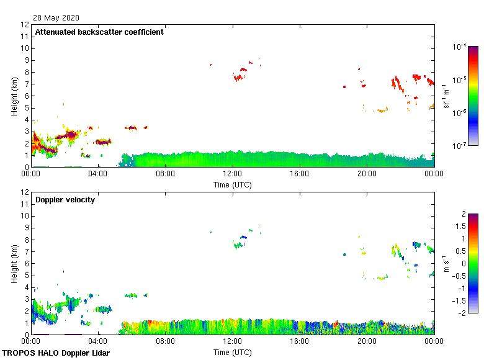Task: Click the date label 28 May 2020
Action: click(x=56, y=18)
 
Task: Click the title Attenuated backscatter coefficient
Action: click(x=99, y=32)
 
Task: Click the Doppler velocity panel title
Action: click(x=65, y=200)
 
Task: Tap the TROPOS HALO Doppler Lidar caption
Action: click(x=56, y=353)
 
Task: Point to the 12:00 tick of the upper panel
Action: click(x=232, y=174)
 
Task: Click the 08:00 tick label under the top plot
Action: click(x=165, y=174)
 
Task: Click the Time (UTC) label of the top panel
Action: click(x=232, y=184)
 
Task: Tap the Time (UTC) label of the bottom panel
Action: click(x=232, y=352)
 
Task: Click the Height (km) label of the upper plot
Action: click(x=14, y=96)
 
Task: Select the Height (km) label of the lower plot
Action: click(x=14, y=263)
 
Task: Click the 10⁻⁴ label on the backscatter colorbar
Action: click(x=460, y=47)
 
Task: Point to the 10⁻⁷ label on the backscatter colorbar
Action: click(x=460, y=146)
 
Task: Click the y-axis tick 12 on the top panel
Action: click(x=25, y=25)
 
